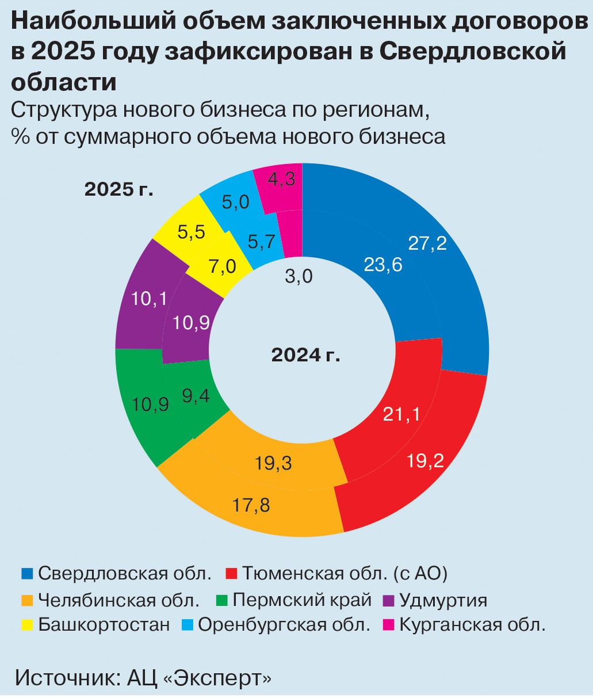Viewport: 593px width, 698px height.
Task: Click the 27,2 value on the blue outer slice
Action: click(x=427, y=243)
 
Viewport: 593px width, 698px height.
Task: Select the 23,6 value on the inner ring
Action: click(x=383, y=265)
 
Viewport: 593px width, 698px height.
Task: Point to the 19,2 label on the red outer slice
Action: click(x=425, y=460)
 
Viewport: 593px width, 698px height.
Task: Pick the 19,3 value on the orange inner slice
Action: click(x=273, y=463)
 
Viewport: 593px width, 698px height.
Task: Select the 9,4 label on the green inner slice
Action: click(x=196, y=396)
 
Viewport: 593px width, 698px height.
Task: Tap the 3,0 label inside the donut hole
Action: click(x=299, y=277)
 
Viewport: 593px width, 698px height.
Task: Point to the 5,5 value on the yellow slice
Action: click(x=192, y=232)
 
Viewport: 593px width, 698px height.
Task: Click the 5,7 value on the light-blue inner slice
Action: click(x=261, y=242)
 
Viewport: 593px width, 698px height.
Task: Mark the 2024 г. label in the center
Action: click(x=305, y=355)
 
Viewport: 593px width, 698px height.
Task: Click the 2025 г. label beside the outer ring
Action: click(x=119, y=189)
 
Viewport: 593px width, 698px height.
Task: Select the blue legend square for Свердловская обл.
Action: click(x=28, y=574)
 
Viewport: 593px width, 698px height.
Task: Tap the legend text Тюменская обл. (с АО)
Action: click(x=344, y=574)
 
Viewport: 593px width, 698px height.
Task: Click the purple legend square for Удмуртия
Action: click(x=389, y=600)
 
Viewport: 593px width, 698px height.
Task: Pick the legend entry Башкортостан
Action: click(x=104, y=625)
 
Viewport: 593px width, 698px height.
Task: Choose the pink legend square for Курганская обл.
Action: click(x=389, y=625)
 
